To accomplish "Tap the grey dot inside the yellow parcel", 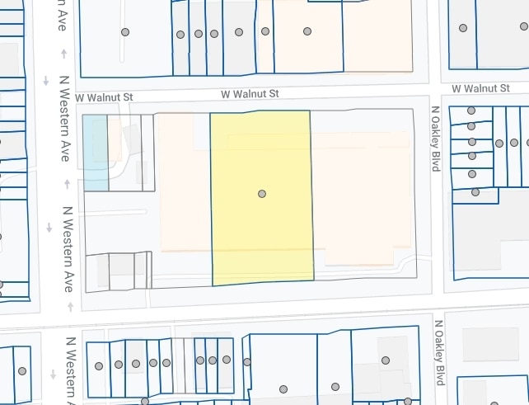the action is tap(262, 194).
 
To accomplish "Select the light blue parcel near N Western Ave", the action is tap(95, 153).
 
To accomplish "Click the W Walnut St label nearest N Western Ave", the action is tap(104, 97).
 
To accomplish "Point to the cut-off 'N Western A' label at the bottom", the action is tap(70, 371).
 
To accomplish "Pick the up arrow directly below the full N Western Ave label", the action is tap(70, 307).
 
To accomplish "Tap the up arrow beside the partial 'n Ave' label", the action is tap(64, 54).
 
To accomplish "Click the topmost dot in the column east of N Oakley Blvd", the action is tap(471, 111).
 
